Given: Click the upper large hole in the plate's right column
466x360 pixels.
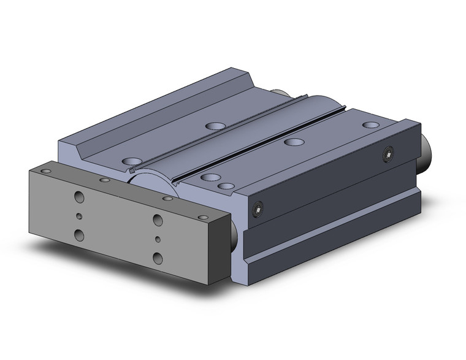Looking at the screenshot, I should pyautogui.click(x=158, y=220).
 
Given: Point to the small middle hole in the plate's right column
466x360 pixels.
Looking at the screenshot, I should pyautogui.click(x=158, y=239).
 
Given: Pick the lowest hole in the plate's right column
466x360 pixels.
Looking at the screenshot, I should pyautogui.click(x=158, y=257).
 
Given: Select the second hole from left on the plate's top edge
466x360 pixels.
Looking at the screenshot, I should pyautogui.click(x=104, y=181).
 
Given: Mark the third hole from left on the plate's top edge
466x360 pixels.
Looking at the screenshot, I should pyautogui.click(x=167, y=199).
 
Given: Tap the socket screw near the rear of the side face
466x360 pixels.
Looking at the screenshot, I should pyautogui.click(x=388, y=153).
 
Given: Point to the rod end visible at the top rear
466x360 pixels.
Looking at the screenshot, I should pyautogui.click(x=281, y=93).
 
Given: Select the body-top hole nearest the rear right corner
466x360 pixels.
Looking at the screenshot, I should pyautogui.click(x=370, y=125).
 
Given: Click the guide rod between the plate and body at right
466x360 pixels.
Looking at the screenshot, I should pyautogui.click(x=236, y=232).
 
